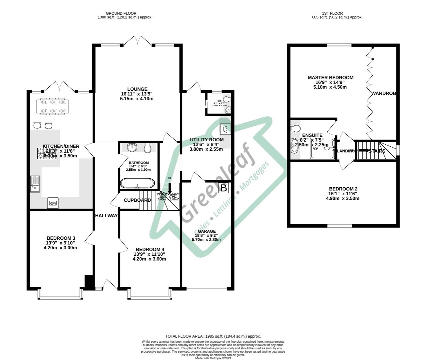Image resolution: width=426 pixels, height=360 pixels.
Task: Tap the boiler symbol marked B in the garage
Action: pyautogui.click(x=224, y=188)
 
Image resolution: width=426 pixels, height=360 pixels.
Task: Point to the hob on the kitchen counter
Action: pyautogui.click(x=47, y=153)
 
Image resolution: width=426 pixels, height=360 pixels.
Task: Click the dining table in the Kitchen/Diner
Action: pyautogui.click(x=52, y=106)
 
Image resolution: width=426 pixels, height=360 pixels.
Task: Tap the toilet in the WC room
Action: pyautogui.click(x=227, y=99)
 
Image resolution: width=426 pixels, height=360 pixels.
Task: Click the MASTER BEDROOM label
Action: pyautogui.click(x=330, y=78)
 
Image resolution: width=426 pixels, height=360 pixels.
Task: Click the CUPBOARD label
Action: pyautogui.click(x=137, y=200)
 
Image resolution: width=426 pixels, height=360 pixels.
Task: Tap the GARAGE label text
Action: pyautogui.click(x=207, y=231)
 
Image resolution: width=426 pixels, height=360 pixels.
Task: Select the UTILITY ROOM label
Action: pyautogui.click(x=207, y=139)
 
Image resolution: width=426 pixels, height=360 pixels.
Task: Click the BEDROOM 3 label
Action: pyautogui.click(x=61, y=238)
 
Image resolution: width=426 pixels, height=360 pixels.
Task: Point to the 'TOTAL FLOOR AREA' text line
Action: pyautogui.click(x=213, y=336)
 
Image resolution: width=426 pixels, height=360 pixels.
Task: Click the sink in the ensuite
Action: pyautogui.click(x=294, y=145)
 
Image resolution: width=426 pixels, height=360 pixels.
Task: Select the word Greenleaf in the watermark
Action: pyautogui.click(x=218, y=187)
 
